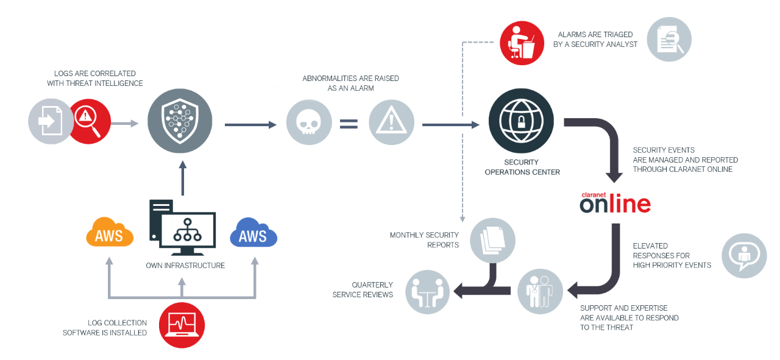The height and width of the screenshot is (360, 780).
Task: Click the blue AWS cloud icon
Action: coord(253,233)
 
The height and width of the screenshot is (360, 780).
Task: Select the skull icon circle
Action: coord(309,122)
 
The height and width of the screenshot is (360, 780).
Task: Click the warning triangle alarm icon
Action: coord(391,122)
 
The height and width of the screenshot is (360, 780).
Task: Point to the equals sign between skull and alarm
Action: coord(349,124)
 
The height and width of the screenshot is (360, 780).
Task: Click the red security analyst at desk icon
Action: coord(522,42)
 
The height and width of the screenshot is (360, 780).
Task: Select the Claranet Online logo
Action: coord(615,203)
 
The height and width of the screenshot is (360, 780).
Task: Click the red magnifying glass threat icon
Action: coord(90,121)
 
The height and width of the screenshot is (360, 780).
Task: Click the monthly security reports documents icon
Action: coord(492,239)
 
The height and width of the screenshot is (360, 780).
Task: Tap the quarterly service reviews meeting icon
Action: coord(427,292)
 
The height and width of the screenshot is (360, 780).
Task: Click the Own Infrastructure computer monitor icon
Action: coord(183,228)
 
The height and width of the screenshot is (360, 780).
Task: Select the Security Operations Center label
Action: coord(522,167)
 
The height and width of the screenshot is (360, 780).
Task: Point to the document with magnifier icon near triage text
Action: coord(669,40)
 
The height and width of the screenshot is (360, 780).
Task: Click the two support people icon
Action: coord(540,292)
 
